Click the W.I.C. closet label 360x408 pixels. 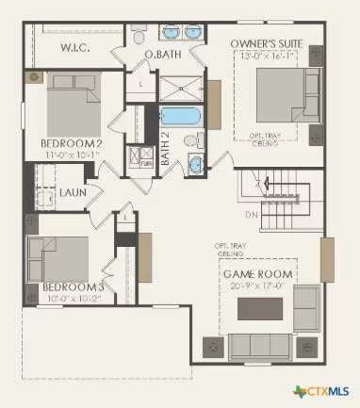[x=75, y=47]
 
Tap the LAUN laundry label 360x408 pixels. [x=74, y=192]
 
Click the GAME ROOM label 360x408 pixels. [x=257, y=274]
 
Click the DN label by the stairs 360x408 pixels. [x=251, y=214]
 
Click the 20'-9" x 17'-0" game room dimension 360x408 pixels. [x=257, y=286]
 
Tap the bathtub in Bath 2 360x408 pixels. [x=180, y=119]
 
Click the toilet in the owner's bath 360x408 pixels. [x=139, y=37]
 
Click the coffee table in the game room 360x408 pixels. [x=260, y=308]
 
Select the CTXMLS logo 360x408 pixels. [x=320, y=390]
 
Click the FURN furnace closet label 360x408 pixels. [x=146, y=162]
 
